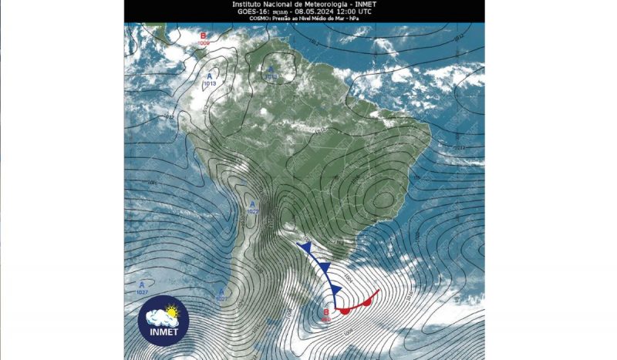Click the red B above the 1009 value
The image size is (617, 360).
pyautogui.click(x=203, y=36)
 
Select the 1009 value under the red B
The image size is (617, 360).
pyautogui.click(x=204, y=43)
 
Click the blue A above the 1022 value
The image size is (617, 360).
pyautogui.click(x=252, y=203)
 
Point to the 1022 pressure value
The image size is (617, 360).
pyautogui.click(x=252, y=210)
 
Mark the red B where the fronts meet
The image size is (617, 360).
pyautogui.click(x=326, y=311)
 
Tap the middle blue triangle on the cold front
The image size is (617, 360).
pyautogui.click(x=325, y=267)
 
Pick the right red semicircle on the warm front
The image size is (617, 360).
pyautogui.click(x=367, y=301)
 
